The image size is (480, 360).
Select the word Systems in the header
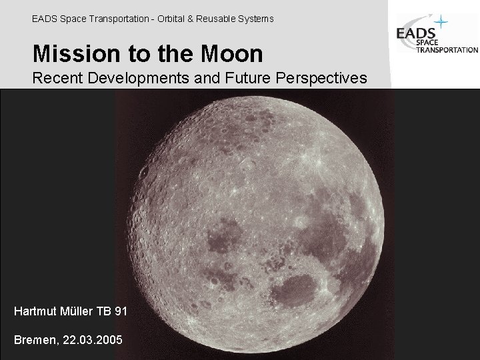coord(255,19)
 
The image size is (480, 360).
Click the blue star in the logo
coord(441,23)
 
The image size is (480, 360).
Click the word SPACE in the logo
coord(427,43)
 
